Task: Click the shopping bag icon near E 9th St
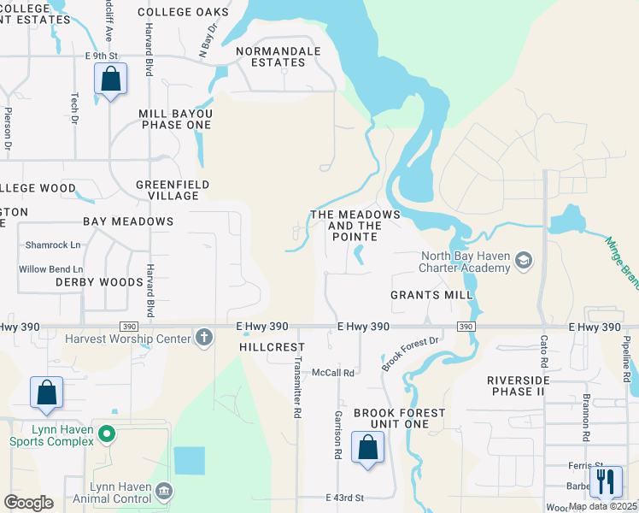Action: [110, 80]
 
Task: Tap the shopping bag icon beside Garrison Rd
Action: [367, 447]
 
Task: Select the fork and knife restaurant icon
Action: [606, 481]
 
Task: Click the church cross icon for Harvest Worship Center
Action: [203, 337]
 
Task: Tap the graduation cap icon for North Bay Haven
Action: [524, 261]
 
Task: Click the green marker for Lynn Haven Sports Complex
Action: [106, 435]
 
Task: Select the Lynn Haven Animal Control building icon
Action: [164, 492]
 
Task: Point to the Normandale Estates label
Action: [278, 56]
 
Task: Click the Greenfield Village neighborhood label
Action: [167, 190]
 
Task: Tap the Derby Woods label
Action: [100, 282]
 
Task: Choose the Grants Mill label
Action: [431, 295]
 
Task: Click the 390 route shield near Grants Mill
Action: [466, 327]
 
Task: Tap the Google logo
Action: [28, 503]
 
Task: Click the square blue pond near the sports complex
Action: [189, 461]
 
